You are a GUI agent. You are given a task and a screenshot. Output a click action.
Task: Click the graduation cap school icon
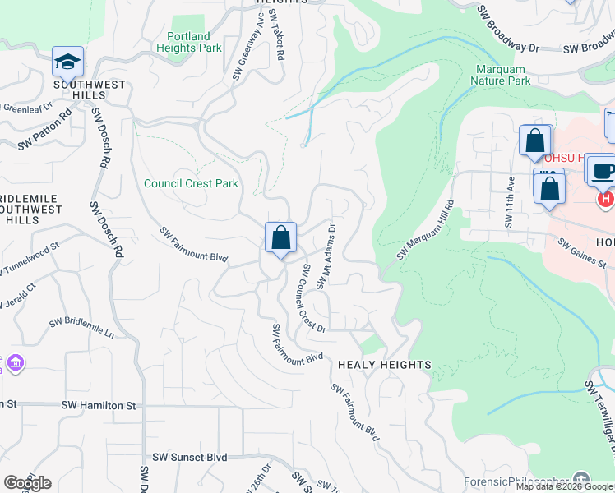67,62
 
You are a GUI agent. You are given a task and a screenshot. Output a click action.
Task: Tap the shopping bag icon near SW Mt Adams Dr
280,238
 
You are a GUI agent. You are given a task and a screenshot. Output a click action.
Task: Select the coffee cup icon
603,170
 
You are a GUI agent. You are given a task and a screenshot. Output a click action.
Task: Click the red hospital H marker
606,199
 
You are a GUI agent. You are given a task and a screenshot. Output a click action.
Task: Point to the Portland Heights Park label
188,42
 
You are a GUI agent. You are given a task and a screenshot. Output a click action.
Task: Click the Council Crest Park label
191,183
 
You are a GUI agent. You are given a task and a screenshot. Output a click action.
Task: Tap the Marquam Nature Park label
501,75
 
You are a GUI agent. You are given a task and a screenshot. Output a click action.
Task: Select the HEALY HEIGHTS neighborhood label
384,364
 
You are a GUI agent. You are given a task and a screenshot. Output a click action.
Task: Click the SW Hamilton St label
98,406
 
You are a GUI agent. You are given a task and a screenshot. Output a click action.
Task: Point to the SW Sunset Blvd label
189,457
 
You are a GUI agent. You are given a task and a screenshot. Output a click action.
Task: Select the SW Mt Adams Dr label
326,256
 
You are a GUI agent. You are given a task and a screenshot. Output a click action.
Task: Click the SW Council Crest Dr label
312,299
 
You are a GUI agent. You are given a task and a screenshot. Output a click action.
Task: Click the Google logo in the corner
27,483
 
